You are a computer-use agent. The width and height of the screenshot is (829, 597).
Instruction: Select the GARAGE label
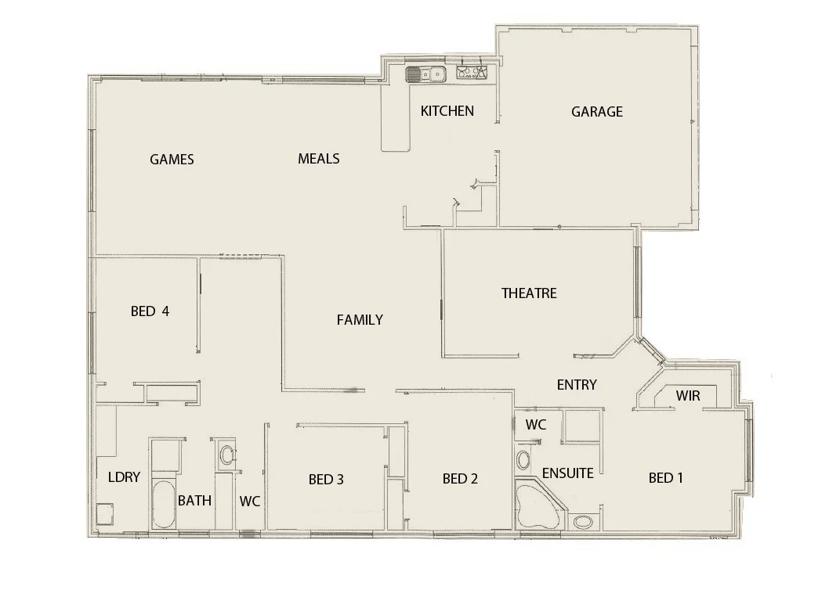pos(597,112)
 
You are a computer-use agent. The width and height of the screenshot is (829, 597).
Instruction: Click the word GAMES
pos(172,160)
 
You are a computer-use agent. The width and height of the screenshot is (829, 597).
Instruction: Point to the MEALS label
pos(319,159)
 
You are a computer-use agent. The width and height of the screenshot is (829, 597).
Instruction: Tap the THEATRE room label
pos(529,293)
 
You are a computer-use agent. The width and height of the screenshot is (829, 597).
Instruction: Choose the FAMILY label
pos(360,320)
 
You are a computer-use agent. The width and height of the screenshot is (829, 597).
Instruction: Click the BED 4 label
pos(150,311)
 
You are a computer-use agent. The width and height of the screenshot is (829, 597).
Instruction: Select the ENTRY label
pos(577,385)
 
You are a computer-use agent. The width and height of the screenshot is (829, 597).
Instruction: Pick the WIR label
pos(687,397)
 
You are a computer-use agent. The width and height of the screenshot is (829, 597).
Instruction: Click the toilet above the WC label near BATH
pos(227,455)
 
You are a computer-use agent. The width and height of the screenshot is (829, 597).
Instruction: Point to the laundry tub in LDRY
pos(103,516)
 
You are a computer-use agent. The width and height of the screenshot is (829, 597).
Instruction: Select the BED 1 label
pos(666,478)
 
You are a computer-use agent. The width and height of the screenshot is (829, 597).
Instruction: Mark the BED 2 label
pos(460,479)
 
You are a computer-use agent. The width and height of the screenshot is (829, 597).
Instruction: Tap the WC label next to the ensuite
pos(536,425)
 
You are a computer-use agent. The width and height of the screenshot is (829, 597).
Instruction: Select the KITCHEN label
pos(447,111)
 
